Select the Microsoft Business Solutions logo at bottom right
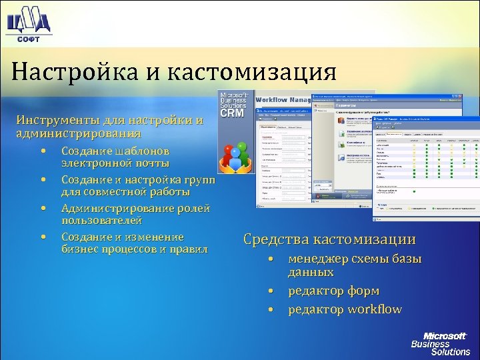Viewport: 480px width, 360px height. coord(440,343)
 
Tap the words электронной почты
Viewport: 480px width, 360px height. coord(115,163)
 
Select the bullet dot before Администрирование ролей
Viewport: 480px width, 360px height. coord(42,209)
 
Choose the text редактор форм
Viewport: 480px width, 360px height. coord(333,291)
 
